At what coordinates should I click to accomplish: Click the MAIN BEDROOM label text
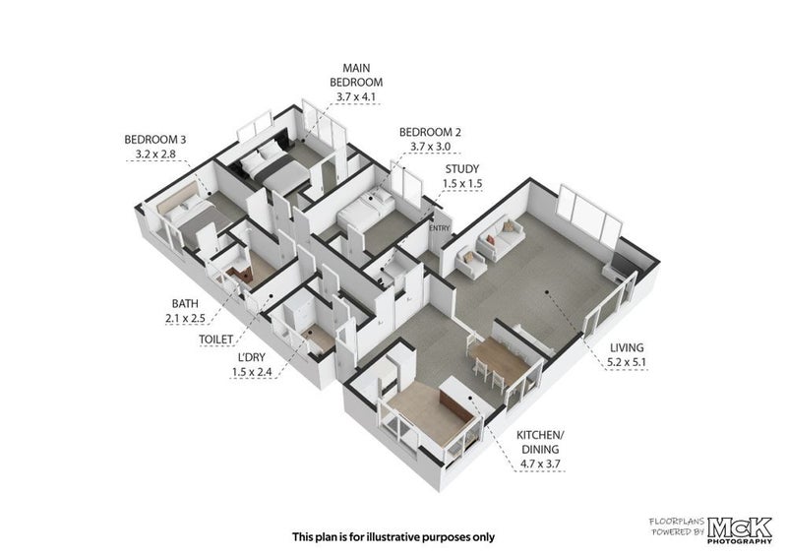click(x=356, y=75)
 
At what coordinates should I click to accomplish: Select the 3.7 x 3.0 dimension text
click(x=430, y=147)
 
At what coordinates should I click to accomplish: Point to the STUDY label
click(x=461, y=168)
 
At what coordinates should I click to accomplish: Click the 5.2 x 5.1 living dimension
click(x=627, y=361)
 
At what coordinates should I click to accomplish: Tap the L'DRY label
click(x=252, y=357)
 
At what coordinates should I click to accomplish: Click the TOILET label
click(x=215, y=340)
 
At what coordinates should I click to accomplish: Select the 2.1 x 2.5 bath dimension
click(x=185, y=318)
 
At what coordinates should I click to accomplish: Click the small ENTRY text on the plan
click(x=439, y=228)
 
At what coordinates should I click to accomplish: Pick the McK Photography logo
click(x=740, y=529)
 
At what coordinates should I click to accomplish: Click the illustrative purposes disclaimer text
click(x=393, y=537)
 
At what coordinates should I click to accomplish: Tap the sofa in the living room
click(x=501, y=237)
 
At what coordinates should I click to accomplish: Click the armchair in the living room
click(x=471, y=264)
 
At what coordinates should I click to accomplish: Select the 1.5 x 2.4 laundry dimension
click(x=252, y=372)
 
